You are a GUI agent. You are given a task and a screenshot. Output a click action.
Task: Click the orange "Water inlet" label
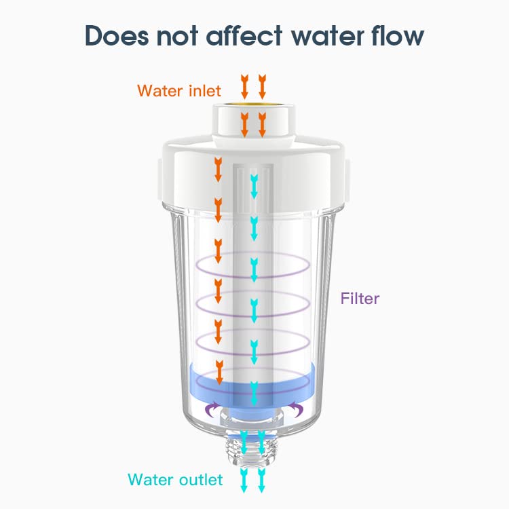click(x=178, y=90)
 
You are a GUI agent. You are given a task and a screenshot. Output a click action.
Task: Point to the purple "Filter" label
click(x=360, y=298)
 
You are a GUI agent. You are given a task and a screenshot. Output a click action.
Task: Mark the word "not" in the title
click(x=177, y=36)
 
